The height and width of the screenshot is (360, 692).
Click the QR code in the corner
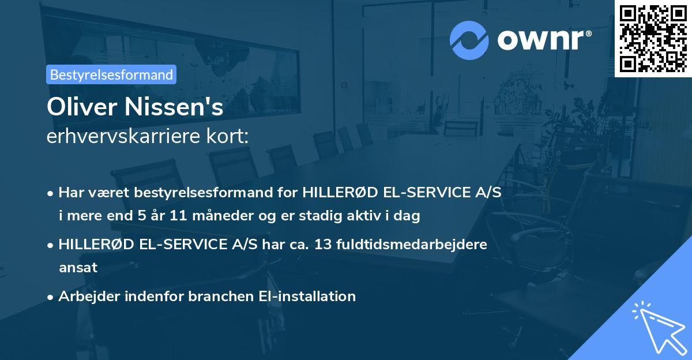pyautogui.click(x=653, y=38)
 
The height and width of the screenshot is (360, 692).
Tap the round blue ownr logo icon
pyautogui.click(x=469, y=40)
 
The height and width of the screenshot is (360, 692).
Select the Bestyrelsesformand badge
pyautogui.click(x=111, y=74)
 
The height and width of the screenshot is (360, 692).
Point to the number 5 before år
pyautogui.click(x=142, y=216)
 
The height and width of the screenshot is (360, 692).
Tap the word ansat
pyautogui.click(x=78, y=268)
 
